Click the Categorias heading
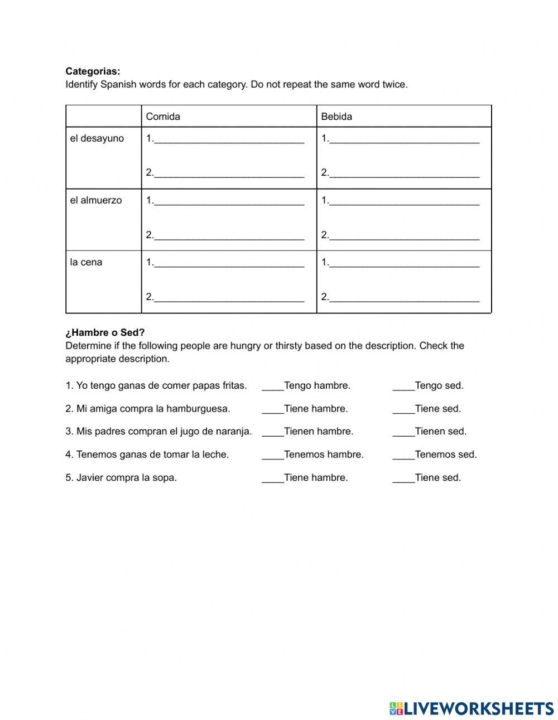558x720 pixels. tap(93, 71)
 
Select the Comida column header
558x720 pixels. tap(163, 117)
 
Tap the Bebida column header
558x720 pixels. tap(336, 117)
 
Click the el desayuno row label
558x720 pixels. tap(97, 138)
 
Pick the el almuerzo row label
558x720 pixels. tap(96, 200)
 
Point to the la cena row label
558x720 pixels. tap(86, 262)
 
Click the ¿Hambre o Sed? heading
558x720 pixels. tap(105, 333)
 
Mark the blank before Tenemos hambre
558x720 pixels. tap(272, 455)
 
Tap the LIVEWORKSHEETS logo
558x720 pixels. tap(472, 708)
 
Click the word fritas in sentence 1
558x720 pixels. tap(234, 385)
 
